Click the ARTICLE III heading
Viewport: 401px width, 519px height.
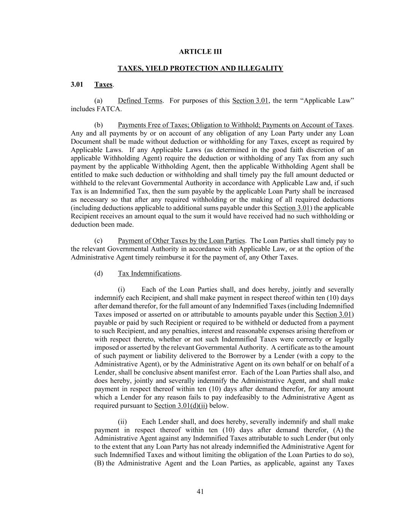[200, 52]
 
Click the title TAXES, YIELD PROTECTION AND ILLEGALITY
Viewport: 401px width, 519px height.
[200, 68]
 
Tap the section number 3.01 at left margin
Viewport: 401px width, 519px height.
[77, 84]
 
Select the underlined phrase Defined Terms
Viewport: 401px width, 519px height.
[140, 101]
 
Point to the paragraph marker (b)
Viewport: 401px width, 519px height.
[98, 125]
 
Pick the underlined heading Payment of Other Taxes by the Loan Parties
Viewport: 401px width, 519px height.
[181, 241]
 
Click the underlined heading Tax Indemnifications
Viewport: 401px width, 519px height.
[149, 273]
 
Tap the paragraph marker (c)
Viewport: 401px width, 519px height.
[98, 241]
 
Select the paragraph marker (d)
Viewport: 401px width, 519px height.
[98, 273]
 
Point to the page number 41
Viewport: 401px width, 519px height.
[200, 492]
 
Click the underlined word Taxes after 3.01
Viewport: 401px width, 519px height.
[103, 84]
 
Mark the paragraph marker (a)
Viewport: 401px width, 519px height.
[98, 101]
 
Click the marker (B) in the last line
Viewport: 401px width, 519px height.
[99, 463]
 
